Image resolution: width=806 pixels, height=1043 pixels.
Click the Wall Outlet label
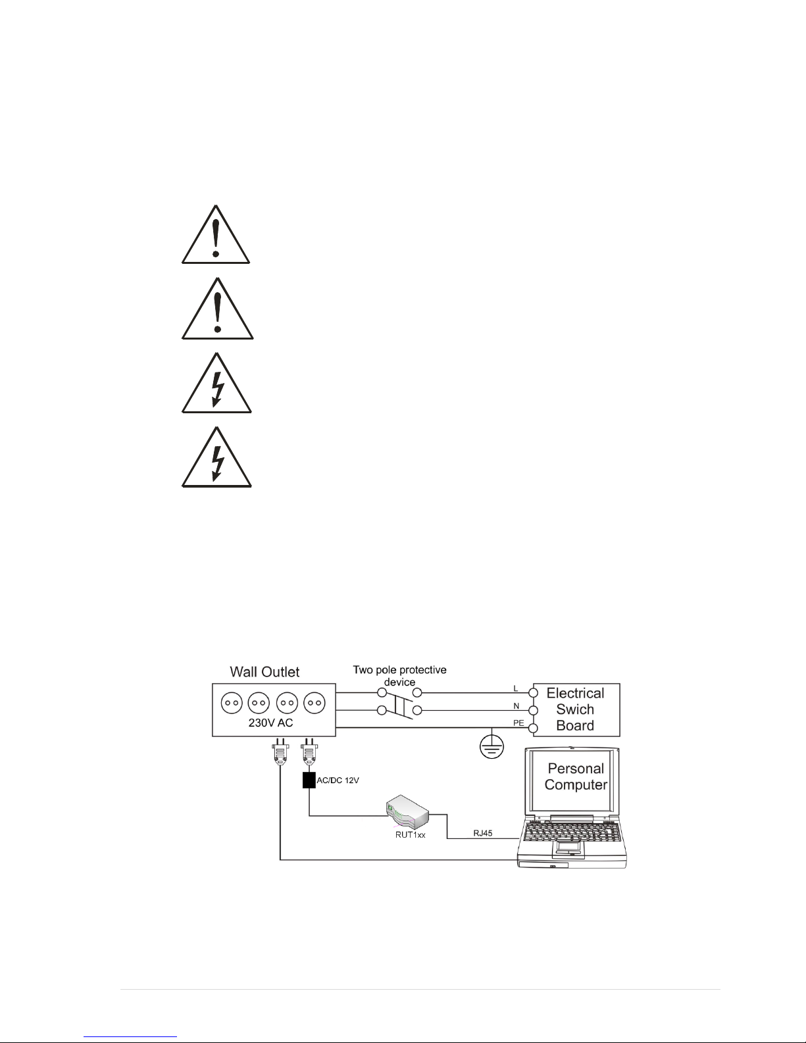[264, 671]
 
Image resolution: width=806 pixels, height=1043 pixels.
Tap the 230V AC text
[270, 723]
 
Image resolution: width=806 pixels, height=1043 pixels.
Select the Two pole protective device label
[399, 676]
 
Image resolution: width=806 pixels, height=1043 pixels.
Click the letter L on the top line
[516, 688]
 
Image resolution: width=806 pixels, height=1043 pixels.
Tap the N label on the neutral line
[516, 706]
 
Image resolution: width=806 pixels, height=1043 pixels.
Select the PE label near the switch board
[518, 723]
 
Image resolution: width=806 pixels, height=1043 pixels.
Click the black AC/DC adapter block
[309, 780]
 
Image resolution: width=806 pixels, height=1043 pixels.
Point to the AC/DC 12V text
[338, 780]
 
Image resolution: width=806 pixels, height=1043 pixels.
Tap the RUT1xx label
[410, 834]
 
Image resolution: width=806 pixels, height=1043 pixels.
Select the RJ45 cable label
[483, 833]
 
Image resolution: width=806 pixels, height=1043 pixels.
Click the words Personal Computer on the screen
[576, 776]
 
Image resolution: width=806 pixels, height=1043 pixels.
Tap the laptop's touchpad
[569, 848]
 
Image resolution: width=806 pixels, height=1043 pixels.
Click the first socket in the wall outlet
[232, 703]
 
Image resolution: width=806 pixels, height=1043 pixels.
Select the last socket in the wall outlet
[315, 703]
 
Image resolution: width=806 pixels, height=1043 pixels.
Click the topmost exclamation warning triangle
[216, 234]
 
